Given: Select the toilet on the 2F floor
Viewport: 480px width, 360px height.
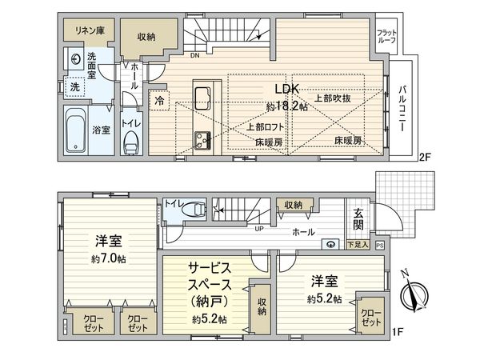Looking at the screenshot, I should click(132, 142).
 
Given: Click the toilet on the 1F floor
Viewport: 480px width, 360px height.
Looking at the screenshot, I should click(193, 210).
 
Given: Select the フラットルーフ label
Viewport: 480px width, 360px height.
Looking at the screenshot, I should click(387, 36).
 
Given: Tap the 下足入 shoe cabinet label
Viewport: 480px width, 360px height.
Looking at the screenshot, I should click(358, 244).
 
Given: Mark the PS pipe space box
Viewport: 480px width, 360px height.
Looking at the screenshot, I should click(379, 245).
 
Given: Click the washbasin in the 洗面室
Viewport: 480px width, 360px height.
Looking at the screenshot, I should click(73, 58).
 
